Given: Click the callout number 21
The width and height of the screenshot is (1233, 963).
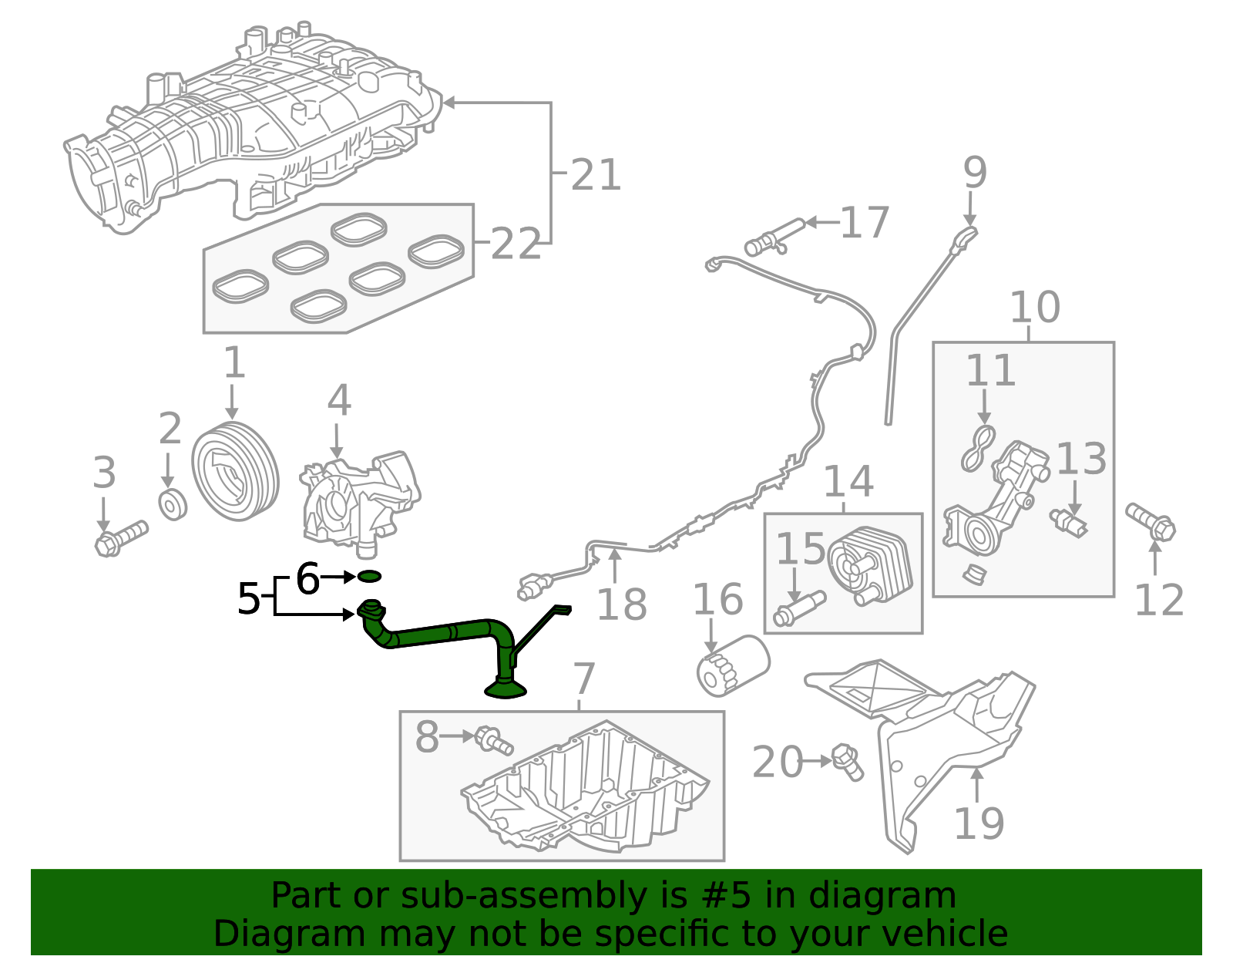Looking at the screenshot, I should [x=596, y=176].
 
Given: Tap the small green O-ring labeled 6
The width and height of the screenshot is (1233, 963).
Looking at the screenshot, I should [x=369, y=576].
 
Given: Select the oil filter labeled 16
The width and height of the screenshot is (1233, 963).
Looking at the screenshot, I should [x=732, y=664].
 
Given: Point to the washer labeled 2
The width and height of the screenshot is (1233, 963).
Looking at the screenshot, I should [x=173, y=504].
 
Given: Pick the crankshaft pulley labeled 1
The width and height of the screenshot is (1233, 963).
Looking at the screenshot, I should [x=234, y=471].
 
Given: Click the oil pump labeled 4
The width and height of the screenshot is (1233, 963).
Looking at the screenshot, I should [x=361, y=500].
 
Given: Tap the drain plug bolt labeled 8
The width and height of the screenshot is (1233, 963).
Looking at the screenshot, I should [x=494, y=740].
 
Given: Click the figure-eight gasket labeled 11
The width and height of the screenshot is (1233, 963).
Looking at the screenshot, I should [x=978, y=449].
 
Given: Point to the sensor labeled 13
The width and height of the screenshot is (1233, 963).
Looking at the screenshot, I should [x=1069, y=522].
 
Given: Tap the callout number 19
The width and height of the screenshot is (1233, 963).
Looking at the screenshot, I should [x=979, y=823].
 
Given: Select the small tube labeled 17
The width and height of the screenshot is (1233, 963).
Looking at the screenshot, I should [x=774, y=237].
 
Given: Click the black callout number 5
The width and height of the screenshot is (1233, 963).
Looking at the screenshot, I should [x=248, y=599].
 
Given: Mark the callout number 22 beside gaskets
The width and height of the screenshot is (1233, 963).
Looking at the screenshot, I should [x=515, y=245].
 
